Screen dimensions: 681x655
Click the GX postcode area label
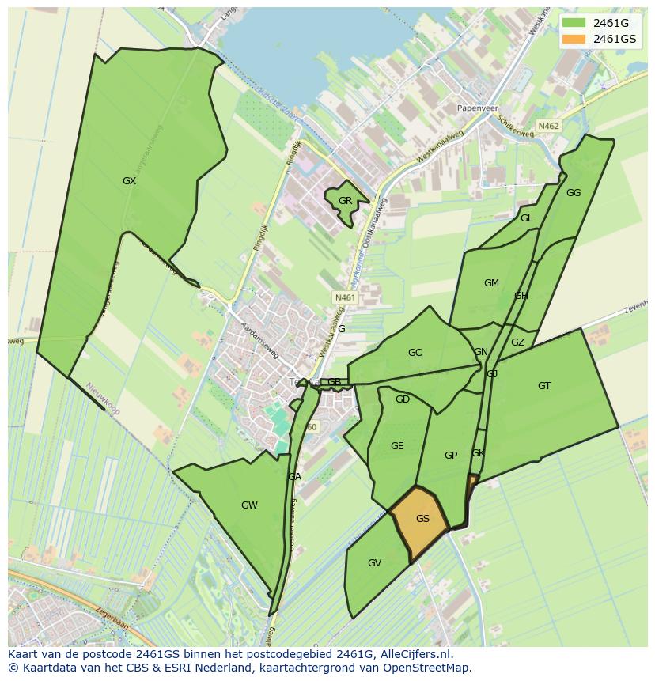[129, 181]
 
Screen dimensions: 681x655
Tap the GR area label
[345, 201]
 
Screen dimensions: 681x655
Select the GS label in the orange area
[422, 519]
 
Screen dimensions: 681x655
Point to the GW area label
[249, 505]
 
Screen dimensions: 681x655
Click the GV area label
[374, 563]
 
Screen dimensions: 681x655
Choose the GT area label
[544, 386]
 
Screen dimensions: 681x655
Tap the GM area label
[491, 283]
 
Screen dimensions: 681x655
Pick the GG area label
[574, 193]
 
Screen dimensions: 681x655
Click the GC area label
[415, 353]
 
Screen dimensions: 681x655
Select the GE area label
[397, 446]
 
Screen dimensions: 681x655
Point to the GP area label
[451, 456]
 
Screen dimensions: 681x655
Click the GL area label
[526, 218]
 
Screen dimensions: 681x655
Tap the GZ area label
[517, 342]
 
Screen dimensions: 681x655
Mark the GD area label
[403, 399]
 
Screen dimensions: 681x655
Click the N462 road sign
[548, 126]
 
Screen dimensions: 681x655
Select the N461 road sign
[345, 298]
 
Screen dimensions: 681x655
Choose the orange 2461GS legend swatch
[574, 39]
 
